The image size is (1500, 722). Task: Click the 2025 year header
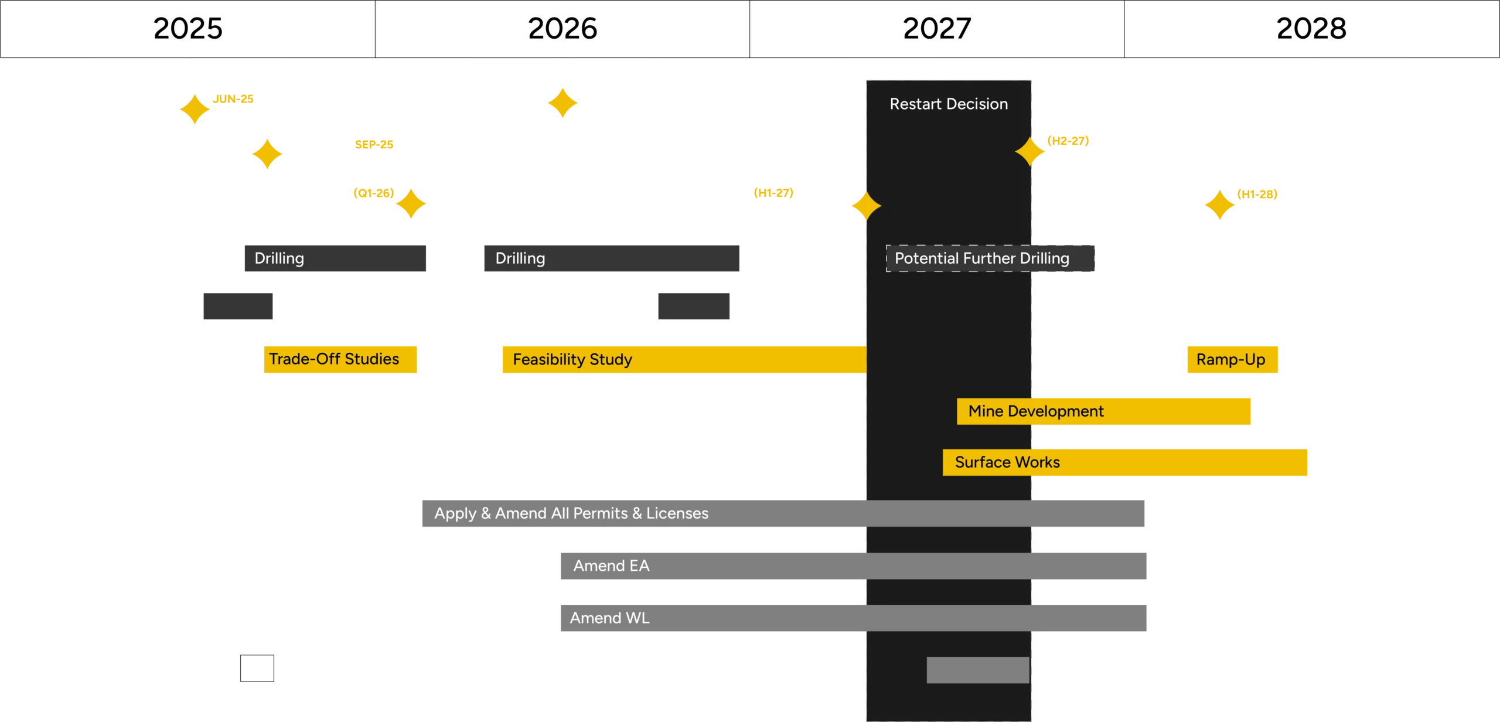coord(187,28)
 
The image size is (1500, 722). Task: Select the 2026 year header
coord(562,28)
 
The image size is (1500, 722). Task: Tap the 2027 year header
coord(937,28)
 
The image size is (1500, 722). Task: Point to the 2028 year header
coord(1311,28)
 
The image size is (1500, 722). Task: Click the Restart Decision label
coord(949,104)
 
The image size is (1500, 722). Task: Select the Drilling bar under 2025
coord(335,258)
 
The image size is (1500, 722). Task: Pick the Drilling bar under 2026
coord(611,258)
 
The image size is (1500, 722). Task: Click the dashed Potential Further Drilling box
coord(990,258)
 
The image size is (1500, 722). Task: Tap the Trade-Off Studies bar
coord(339,359)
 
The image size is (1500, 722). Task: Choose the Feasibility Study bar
coord(683,359)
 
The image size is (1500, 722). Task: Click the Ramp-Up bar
coord(1232,359)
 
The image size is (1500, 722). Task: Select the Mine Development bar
coord(1103,411)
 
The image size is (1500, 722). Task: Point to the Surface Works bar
coord(1124,462)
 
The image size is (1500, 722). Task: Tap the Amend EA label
coord(611,566)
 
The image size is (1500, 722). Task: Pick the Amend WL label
coord(609,618)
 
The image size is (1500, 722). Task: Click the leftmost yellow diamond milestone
coord(195,109)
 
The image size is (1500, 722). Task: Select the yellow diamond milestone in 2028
coord(1219,205)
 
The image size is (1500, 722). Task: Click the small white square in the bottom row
coord(257,668)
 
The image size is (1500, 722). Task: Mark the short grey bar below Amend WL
coord(977,670)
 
